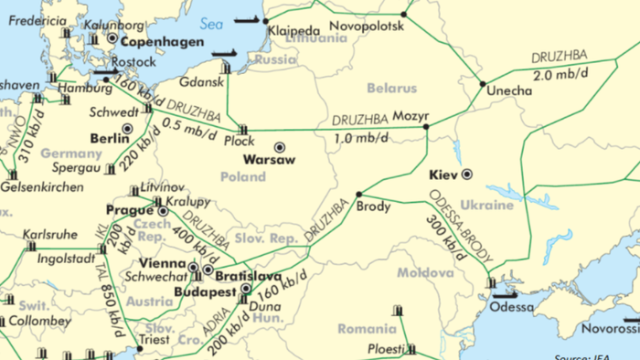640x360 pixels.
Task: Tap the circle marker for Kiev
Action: coord(467,173)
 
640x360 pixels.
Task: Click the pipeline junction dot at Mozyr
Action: coord(427,126)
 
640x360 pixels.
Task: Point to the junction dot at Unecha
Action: coord(483,84)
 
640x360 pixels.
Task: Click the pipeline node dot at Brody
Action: coord(359,194)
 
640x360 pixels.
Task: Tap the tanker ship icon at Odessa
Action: coord(505,294)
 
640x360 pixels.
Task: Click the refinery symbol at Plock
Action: coord(244,129)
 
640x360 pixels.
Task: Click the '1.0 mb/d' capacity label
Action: coord(357,138)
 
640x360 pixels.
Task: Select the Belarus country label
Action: coord(390,88)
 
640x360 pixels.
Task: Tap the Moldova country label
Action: coord(425,272)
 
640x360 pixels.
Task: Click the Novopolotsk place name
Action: coord(365,26)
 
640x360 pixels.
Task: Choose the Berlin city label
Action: coord(110,138)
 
